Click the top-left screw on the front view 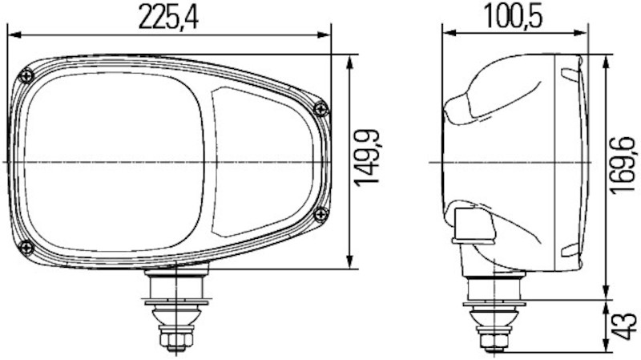pyautogui.click(x=28, y=75)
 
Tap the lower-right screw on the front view pyautogui.click(x=321, y=213)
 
